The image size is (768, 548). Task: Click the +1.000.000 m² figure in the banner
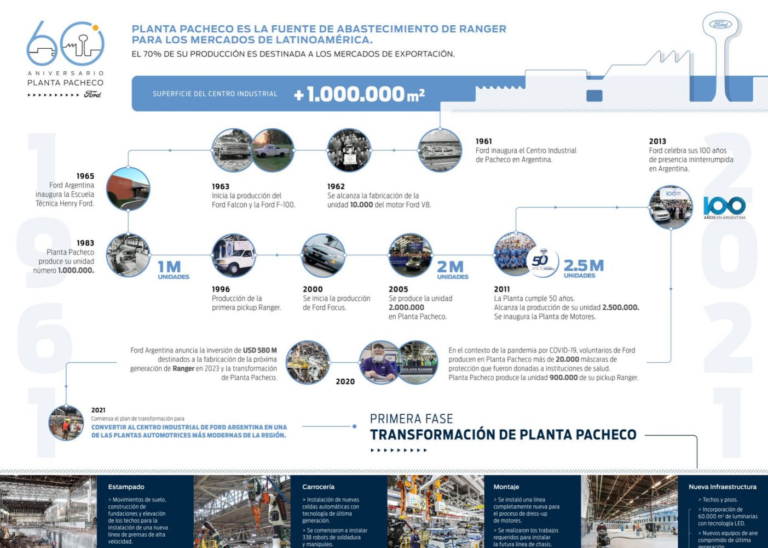pyautogui.click(x=359, y=94)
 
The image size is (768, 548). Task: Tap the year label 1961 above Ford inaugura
pyautogui.click(x=484, y=141)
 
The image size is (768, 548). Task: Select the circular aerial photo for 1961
pyautogui.click(x=440, y=150)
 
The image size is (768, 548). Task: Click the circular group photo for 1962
pyautogui.click(x=349, y=151)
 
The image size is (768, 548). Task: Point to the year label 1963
pyautogui.click(x=221, y=186)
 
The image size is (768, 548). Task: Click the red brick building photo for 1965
pyautogui.click(x=128, y=189)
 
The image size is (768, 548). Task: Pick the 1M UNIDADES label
pyautogui.click(x=173, y=270)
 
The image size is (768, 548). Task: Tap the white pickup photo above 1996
pyautogui.click(x=234, y=256)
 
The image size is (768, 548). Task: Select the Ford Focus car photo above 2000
pyautogui.click(x=323, y=256)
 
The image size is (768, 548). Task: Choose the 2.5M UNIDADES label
pyautogui.click(x=584, y=269)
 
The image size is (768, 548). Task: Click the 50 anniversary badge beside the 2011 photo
pyautogui.click(x=542, y=262)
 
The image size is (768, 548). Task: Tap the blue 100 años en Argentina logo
pyautogui.click(x=724, y=207)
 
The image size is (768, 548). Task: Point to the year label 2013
pyautogui.click(x=657, y=141)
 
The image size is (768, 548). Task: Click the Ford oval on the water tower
pyautogui.click(x=720, y=24)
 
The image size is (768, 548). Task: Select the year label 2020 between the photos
pyautogui.click(x=345, y=381)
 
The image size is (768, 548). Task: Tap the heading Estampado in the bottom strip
pyautogui.click(x=126, y=487)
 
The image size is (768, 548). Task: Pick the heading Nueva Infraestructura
pyautogui.click(x=722, y=487)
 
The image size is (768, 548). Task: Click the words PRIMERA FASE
pyautogui.click(x=411, y=419)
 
